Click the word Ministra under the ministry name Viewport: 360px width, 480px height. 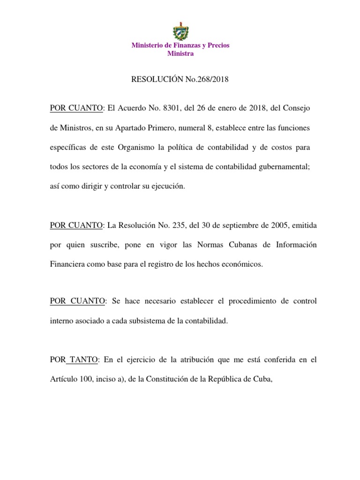point(180,53)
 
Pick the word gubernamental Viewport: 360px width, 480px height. point(283,166)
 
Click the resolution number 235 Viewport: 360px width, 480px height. point(179,225)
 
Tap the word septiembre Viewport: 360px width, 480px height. point(231,225)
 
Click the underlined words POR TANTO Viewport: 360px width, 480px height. point(74,360)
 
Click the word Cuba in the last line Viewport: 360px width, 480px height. point(263,379)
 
